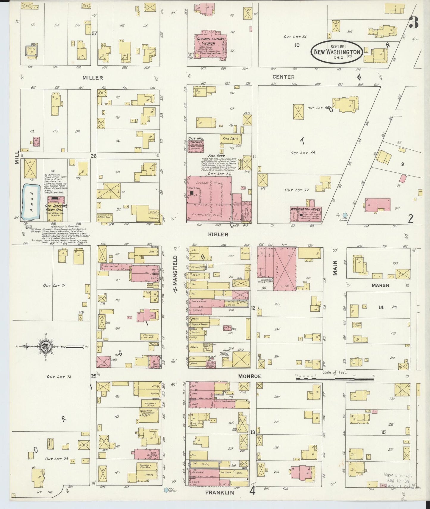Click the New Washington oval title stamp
337,52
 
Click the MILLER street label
93,78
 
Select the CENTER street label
283,77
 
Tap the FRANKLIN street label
220,493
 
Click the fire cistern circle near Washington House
345,215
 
